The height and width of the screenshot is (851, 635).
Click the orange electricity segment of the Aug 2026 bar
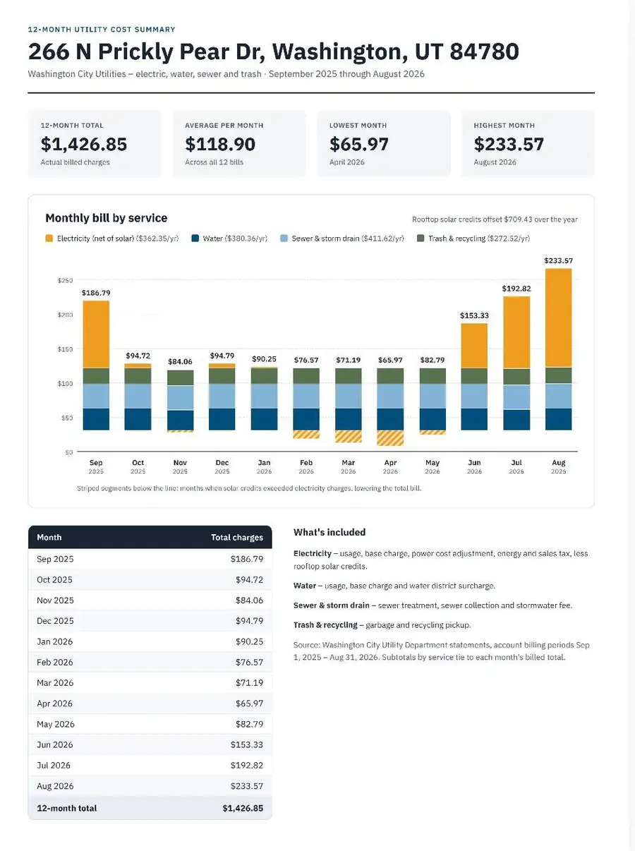[x=558, y=318]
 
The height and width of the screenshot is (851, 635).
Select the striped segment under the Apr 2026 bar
[x=390, y=437]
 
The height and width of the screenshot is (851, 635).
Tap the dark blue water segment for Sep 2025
[x=96, y=419]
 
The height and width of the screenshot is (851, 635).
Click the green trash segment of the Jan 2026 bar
[x=264, y=375]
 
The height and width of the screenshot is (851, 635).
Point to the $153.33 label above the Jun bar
[x=474, y=315]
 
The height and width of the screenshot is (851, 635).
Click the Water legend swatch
[x=195, y=238]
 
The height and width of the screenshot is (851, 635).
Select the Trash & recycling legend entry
[x=473, y=238]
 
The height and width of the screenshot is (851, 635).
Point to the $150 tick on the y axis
[x=65, y=349]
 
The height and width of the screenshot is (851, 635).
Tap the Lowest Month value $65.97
[x=358, y=144]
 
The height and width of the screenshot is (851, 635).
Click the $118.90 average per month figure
[x=220, y=144]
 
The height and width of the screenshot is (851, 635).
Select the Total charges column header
[x=237, y=538]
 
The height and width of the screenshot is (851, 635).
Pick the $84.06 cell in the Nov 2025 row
[x=249, y=600]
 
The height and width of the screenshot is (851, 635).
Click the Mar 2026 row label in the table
[x=55, y=683]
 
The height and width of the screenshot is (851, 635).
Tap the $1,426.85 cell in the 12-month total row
[x=243, y=808]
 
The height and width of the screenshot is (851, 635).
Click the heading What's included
[x=329, y=532]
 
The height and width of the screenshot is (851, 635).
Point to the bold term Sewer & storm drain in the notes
[x=331, y=605]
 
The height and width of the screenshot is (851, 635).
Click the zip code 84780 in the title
[x=484, y=52]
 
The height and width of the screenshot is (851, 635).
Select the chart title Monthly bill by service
[x=107, y=218]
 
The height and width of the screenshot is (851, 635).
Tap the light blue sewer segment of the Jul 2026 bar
[x=516, y=397]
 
